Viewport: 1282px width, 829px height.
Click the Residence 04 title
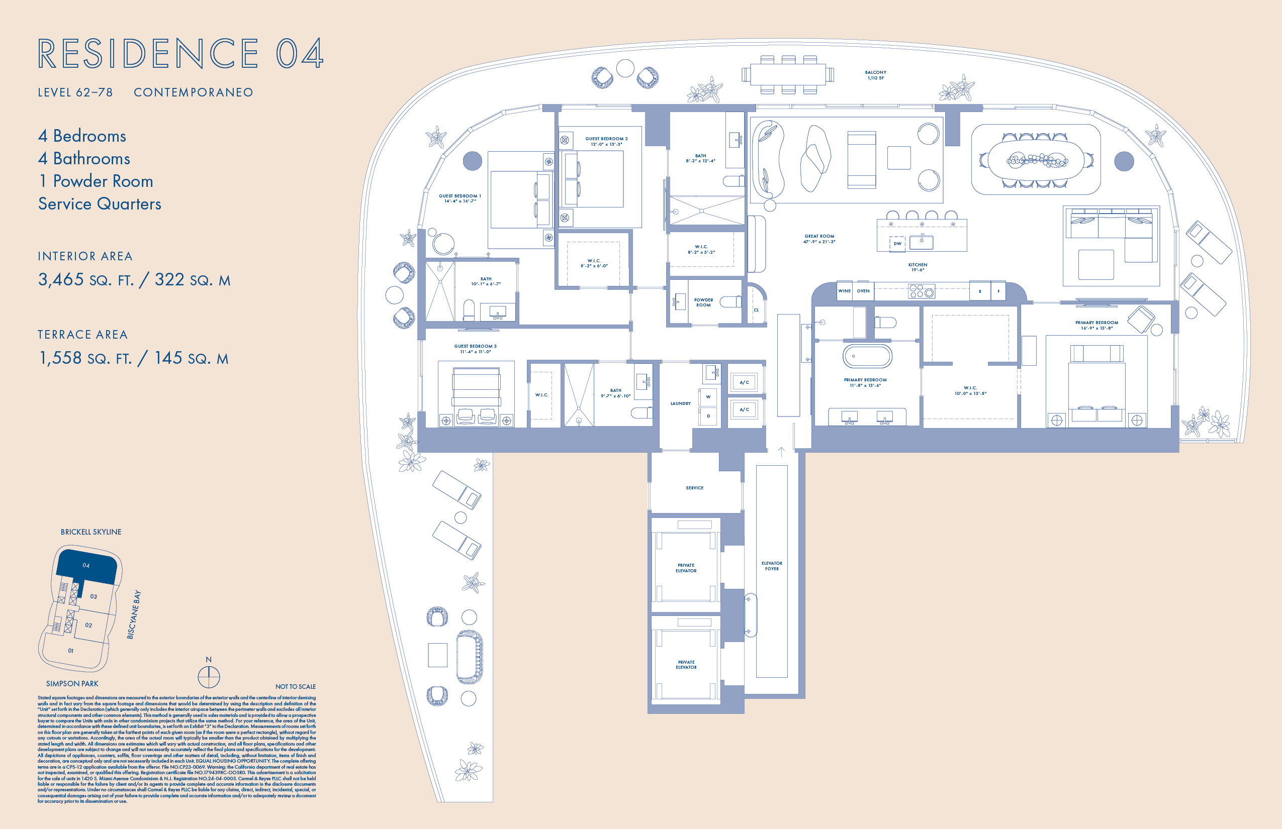(x=180, y=53)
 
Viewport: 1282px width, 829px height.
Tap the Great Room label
(x=819, y=239)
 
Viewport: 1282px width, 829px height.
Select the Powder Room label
(x=703, y=302)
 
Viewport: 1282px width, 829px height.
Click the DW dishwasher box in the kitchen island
(x=897, y=243)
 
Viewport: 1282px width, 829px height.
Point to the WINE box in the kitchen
(x=844, y=291)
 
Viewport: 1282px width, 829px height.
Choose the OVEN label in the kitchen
(x=863, y=291)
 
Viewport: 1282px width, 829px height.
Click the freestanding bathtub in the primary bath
(x=867, y=356)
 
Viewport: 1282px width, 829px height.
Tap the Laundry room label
(x=680, y=403)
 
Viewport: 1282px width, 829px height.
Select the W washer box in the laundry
(x=708, y=397)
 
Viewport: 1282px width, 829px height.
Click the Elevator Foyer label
(x=771, y=566)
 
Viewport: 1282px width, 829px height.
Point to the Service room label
(x=694, y=488)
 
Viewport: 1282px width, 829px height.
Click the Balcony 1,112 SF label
(x=875, y=75)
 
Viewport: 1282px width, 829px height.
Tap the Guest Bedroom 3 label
(x=475, y=349)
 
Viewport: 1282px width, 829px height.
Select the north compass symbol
(x=209, y=677)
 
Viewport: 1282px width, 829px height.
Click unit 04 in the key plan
(x=86, y=565)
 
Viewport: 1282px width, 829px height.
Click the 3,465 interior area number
(x=61, y=279)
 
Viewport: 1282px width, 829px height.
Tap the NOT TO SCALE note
(x=295, y=686)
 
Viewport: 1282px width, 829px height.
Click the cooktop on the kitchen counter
(x=921, y=291)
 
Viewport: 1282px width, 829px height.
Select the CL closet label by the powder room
(x=756, y=310)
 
